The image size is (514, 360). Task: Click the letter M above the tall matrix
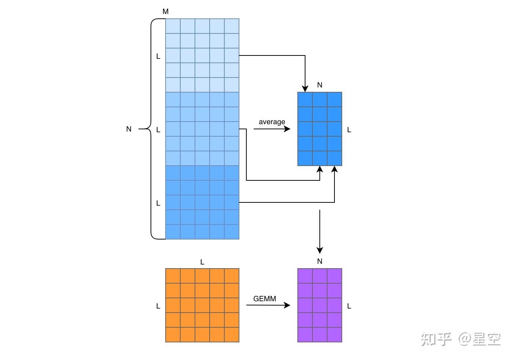(x=166, y=12)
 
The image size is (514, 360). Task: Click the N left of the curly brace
(x=129, y=129)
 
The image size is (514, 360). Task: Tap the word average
(x=272, y=122)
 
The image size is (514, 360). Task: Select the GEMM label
(x=264, y=299)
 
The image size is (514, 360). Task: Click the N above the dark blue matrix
(x=319, y=85)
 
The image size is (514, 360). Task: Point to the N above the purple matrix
(x=319, y=261)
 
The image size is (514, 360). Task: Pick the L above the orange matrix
(x=202, y=262)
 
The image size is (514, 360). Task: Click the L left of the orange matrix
(x=158, y=306)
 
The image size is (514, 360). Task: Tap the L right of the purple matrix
(x=349, y=306)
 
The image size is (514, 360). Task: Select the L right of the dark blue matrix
(x=349, y=130)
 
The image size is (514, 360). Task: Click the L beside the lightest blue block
(x=158, y=56)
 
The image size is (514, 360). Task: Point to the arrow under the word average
(x=272, y=129)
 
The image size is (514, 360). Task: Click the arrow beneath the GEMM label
(x=268, y=305)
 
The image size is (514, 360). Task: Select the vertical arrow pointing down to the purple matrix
(x=320, y=231)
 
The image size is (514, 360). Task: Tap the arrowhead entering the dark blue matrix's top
(x=305, y=88)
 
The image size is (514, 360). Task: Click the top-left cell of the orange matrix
(x=173, y=276)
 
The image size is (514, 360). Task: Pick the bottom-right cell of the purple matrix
(x=334, y=335)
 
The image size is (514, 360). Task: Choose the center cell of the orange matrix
(x=202, y=305)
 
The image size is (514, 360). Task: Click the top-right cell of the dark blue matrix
(x=334, y=100)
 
